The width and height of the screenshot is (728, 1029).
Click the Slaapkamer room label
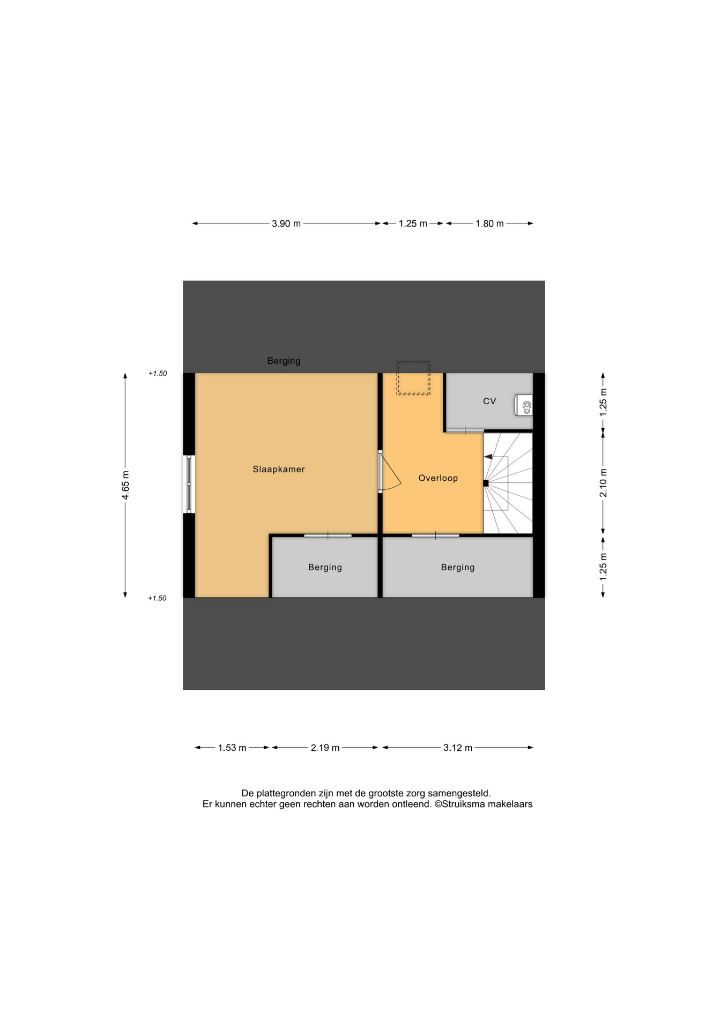coord(279,469)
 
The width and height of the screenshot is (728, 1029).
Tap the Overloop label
coord(438,479)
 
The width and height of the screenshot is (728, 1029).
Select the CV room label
coord(489,401)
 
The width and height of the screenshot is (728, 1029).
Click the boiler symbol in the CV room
coord(524,405)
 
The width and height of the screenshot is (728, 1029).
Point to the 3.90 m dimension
coord(286,223)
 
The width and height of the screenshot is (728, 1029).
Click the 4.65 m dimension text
coord(125,485)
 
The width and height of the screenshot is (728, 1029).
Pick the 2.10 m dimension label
coord(603,483)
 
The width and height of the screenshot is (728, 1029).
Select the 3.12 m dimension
coord(458,748)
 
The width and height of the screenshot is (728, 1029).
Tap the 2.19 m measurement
coord(325,748)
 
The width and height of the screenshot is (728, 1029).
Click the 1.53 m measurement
coord(232,748)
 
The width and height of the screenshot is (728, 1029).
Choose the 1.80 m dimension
coord(489,223)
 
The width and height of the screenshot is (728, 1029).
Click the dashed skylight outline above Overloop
coord(413,362)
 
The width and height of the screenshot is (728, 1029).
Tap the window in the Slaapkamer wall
coord(189,484)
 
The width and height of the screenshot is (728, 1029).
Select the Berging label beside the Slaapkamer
coord(325,568)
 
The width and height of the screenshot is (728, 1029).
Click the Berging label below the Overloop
coord(458,568)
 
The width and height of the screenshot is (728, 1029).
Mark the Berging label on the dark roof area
coord(284,361)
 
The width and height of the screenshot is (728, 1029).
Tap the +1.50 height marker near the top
coord(158,374)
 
